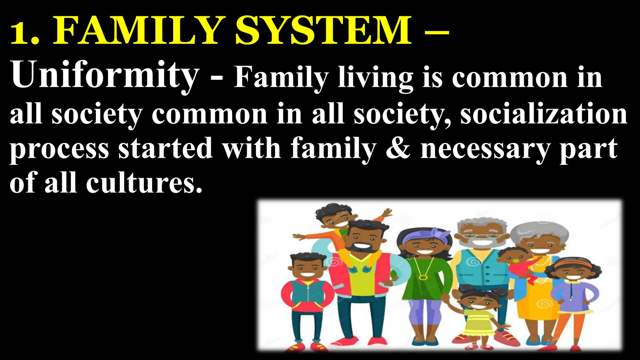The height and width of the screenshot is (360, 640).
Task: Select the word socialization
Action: [544, 114]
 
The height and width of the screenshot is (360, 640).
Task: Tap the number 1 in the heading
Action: [20, 34]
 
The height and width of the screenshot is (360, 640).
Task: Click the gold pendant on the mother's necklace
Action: [423, 277]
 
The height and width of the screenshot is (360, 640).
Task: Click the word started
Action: [165, 149]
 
